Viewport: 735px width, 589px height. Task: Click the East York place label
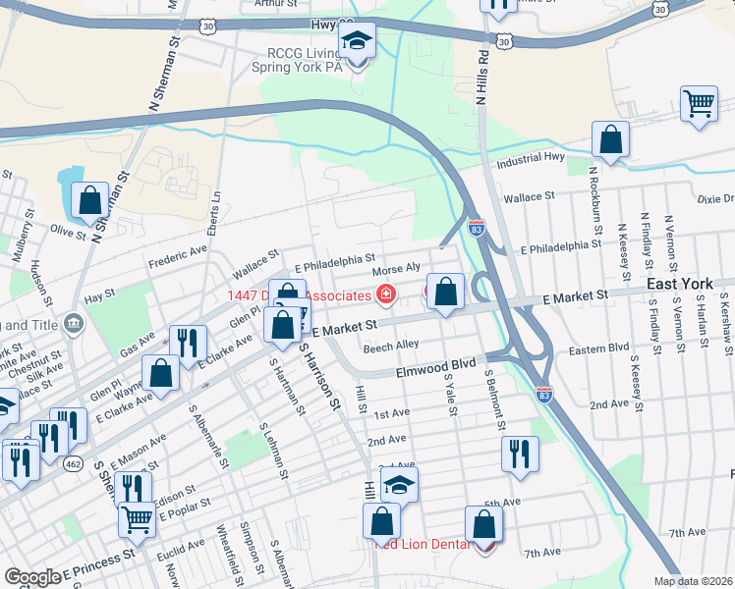[680, 284]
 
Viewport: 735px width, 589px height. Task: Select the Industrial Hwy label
[532, 161]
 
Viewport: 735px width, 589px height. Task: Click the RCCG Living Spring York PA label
[294, 61]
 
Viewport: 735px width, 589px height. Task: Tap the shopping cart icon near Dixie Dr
[699, 103]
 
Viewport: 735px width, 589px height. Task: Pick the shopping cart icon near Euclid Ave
[138, 519]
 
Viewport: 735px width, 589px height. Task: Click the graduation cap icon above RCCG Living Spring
[358, 41]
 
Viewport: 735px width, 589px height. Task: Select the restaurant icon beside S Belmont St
[520, 454]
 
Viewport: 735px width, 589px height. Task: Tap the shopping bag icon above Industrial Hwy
[610, 138]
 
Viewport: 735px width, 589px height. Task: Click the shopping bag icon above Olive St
[89, 200]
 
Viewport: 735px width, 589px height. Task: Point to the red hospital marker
[386, 294]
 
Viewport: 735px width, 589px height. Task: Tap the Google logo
[32, 577]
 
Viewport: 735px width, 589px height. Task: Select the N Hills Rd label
[481, 78]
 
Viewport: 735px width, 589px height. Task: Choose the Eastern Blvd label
[597, 348]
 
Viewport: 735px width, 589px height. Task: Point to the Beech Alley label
[391, 346]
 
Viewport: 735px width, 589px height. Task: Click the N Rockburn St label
[594, 205]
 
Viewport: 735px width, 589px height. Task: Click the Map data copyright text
[694, 581]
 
